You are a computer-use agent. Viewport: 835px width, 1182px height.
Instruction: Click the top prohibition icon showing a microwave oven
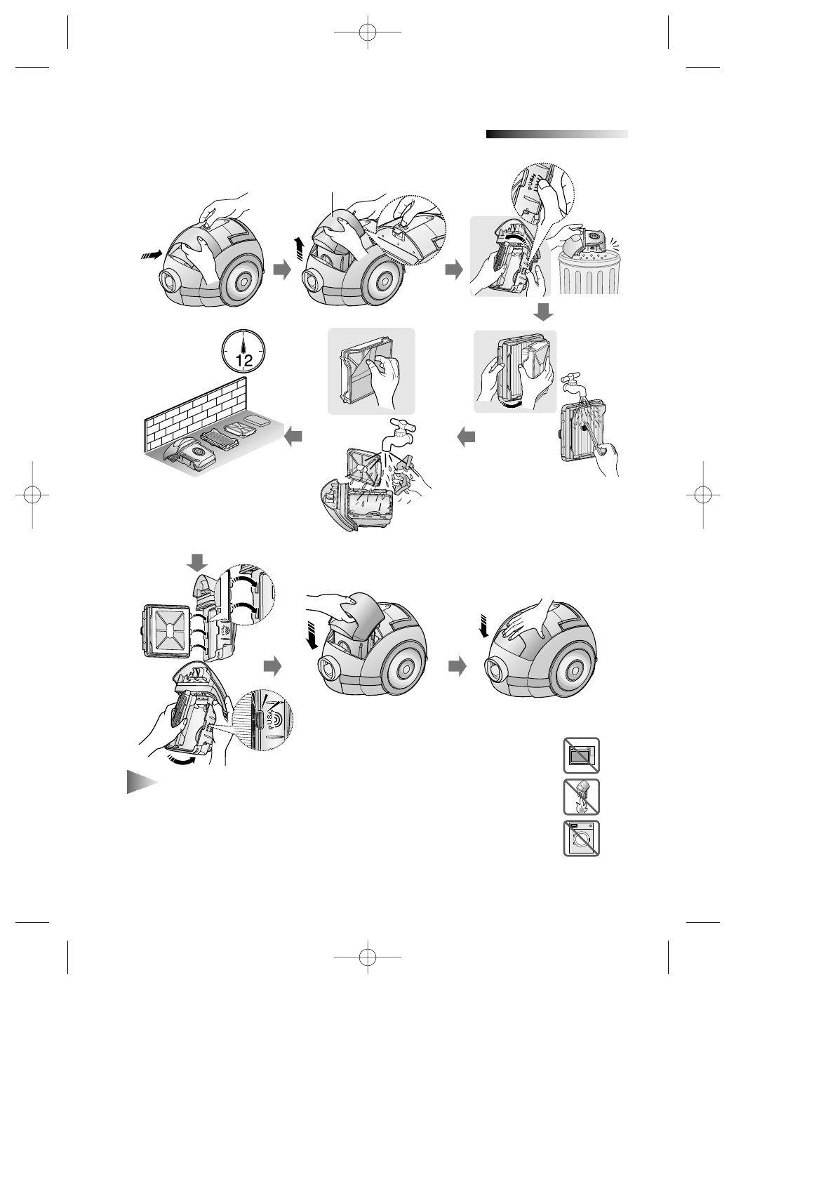pos(581,755)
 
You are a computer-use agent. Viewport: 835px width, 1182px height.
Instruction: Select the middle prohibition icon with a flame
pos(581,797)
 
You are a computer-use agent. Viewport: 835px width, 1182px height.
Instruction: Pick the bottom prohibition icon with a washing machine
pos(581,838)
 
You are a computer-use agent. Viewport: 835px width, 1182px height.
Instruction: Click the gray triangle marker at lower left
pos(140,782)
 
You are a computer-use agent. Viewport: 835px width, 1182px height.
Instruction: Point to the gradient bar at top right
pos(556,134)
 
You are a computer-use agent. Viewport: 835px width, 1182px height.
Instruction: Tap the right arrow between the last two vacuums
pos(457,668)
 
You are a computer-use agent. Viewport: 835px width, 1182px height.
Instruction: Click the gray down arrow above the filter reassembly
pos(199,562)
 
